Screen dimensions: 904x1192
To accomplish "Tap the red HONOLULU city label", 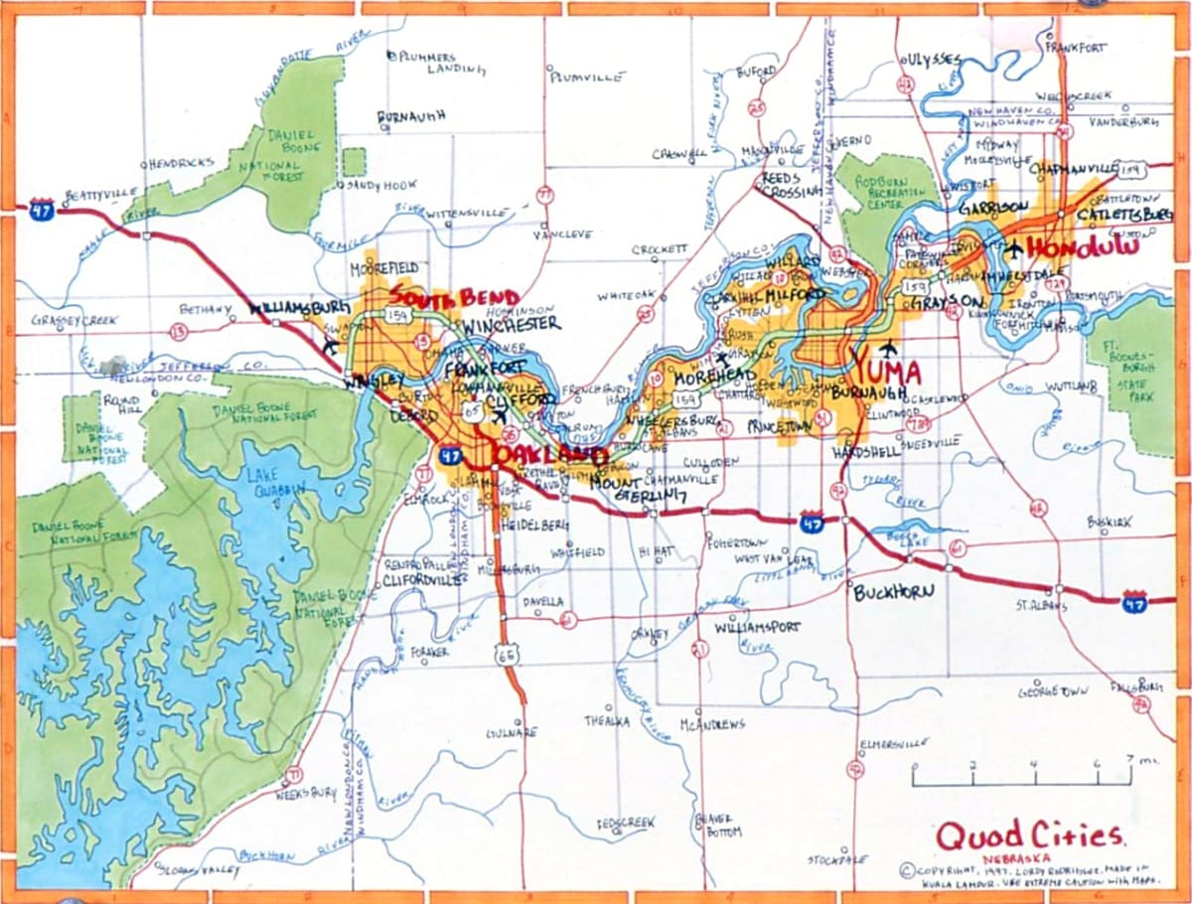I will click(1082, 247).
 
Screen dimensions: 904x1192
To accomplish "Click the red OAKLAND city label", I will click(549, 455).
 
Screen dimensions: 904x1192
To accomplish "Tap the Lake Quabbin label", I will click(267, 481).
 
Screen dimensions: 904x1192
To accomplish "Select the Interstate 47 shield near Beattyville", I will click(40, 208).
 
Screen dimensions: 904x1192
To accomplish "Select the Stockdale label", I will click(836, 858).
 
